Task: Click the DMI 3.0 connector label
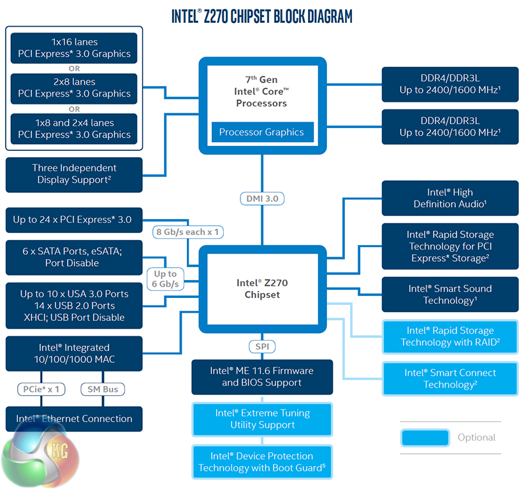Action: [x=262, y=199]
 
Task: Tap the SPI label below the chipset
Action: [x=262, y=346]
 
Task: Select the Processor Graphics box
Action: [x=262, y=132]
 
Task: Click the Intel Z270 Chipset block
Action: [x=262, y=288]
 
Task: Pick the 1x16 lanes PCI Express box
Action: [x=74, y=48]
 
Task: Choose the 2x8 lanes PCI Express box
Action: [x=74, y=88]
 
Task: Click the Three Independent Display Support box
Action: [x=74, y=174]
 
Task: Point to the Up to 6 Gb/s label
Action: [x=166, y=279]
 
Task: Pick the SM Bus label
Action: [x=102, y=389]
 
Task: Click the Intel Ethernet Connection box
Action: [x=74, y=419]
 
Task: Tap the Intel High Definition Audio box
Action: [x=450, y=198]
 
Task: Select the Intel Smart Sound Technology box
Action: [x=450, y=294]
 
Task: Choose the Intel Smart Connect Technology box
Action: [x=450, y=378]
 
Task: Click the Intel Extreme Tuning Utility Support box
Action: [x=262, y=419]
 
